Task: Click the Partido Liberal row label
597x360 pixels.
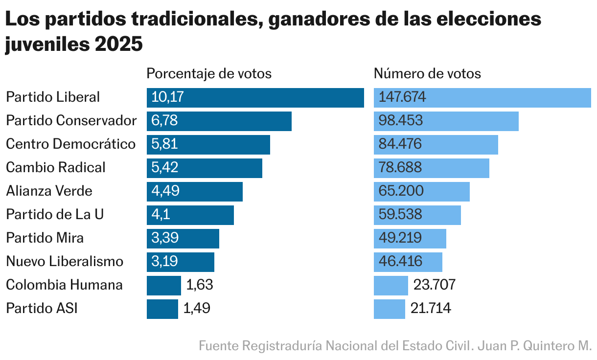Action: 53,97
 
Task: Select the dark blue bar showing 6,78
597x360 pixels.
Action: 219,121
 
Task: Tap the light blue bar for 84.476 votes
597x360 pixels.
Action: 436,144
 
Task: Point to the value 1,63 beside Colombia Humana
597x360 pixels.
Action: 200,285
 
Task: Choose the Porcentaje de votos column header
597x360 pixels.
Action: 209,74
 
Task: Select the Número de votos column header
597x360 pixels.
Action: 427,74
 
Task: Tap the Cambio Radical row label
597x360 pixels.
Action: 56,168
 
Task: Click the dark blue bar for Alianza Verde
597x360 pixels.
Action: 194,191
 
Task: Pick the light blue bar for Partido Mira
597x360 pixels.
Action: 410,238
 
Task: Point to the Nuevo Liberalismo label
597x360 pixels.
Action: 65,262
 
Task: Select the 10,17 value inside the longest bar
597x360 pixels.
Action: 168,97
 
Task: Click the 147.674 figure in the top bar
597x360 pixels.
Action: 402,97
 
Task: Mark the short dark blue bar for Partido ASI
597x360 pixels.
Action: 162,309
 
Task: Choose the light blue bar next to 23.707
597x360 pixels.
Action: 390,285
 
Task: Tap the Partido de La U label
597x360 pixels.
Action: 55,215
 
